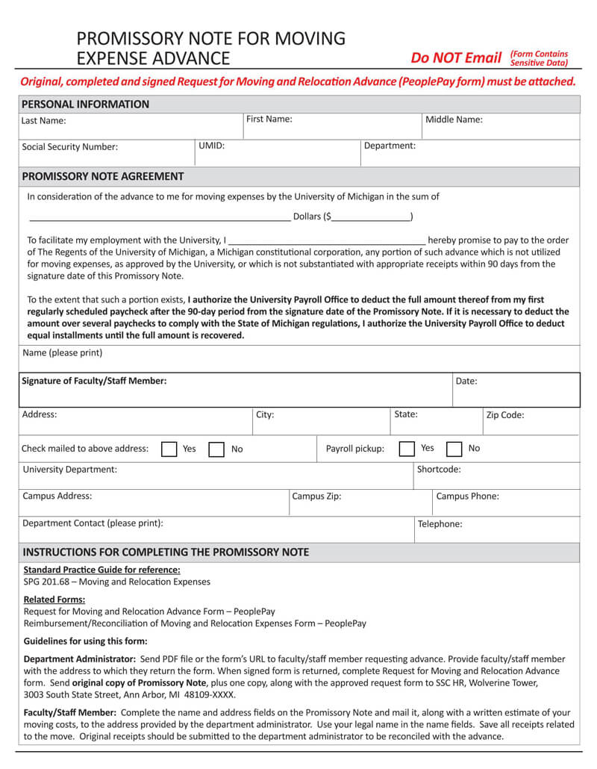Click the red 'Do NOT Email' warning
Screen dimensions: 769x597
click(456, 58)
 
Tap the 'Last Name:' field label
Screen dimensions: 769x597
click(43, 120)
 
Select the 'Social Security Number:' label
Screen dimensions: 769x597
click(70, 147)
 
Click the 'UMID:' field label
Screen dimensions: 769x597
click(211, 146)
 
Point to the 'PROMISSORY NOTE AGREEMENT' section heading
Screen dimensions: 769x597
click(103, 177)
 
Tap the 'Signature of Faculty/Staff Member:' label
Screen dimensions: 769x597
click(94, 381)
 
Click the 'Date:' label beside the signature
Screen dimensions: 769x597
click(466, 382)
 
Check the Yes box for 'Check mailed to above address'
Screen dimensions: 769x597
click(169, 449)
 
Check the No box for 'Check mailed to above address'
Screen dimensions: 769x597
click(216, 449)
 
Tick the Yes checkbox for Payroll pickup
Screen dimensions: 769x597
click(407, 449)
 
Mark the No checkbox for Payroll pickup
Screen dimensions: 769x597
click(454, 449)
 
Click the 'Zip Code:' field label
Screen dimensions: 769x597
click(505, 415)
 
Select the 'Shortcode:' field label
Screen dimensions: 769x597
click(439, 470)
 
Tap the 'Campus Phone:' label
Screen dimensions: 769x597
click(467, 496)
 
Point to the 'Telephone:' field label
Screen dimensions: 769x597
click(440, 524)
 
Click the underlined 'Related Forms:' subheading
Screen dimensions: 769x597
click(54, 600)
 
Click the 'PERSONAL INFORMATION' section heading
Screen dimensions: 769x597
click(85, 105)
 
